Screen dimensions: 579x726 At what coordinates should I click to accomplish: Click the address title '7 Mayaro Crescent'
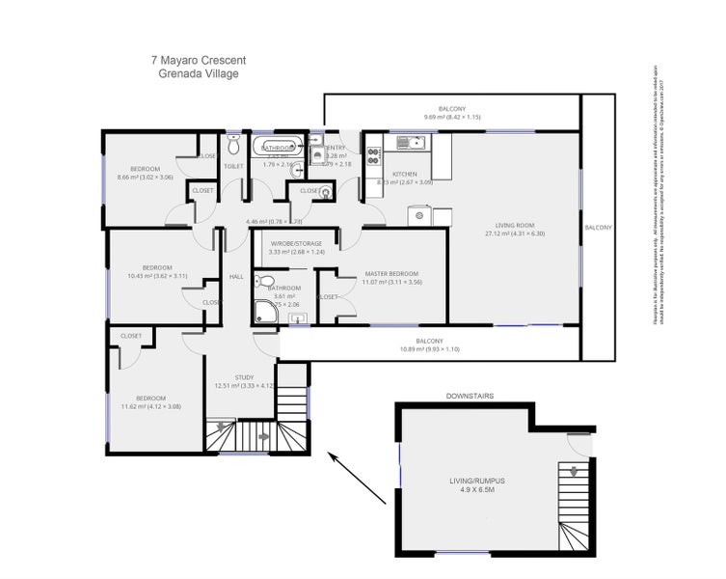(199, 59)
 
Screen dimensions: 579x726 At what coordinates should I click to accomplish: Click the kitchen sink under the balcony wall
(414, 143)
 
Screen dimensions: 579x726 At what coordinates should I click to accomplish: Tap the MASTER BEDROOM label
(390, 273)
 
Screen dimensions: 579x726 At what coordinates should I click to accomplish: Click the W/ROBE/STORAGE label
(296, 243)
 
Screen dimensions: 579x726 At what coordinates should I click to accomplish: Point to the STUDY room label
(245, 377)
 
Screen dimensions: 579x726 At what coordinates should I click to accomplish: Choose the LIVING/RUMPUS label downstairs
(476, 480)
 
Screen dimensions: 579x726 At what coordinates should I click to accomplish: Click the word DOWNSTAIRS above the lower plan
(471, 397)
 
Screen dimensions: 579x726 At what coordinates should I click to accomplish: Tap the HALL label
(236, 278)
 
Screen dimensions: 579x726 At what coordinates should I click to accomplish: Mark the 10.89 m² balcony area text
(429, 350)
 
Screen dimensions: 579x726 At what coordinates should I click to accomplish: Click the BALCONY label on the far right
(598, 227)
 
